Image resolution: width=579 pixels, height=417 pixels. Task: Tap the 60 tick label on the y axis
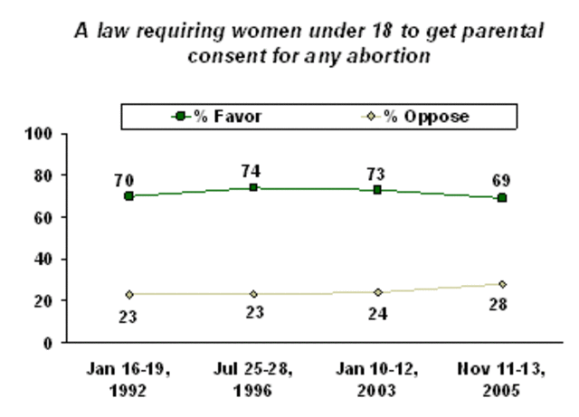(52, 217)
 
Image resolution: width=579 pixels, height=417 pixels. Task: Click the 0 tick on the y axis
(55, 343)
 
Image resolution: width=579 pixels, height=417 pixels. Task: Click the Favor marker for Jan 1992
(129, 196)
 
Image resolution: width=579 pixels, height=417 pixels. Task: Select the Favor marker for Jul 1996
(253, 187)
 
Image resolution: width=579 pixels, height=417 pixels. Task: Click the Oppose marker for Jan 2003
(377, 292)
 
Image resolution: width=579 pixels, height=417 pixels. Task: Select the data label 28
(501, 304)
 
